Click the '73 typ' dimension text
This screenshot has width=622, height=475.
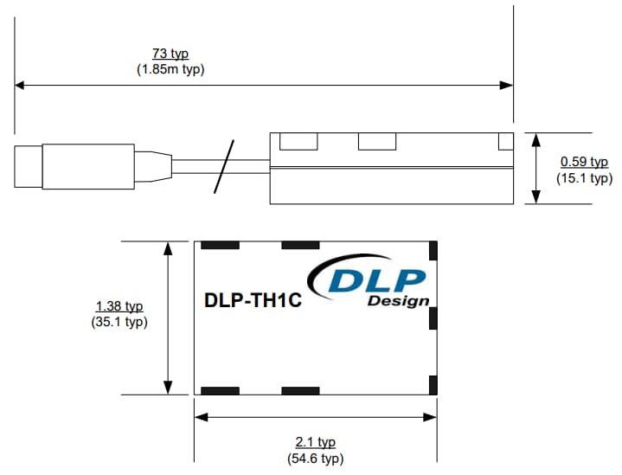(170, 55)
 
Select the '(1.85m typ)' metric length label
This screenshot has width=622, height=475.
(170, 69)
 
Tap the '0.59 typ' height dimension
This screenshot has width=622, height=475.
(584, 162)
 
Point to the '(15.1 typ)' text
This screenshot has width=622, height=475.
(584, 177)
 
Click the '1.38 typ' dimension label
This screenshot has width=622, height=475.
(119, 306)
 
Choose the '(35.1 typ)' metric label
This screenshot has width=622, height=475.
(119, 322)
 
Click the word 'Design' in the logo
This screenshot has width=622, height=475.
(398, 301)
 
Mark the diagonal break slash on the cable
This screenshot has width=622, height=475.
(224, 166)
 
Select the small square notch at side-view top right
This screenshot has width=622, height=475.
(505, 140)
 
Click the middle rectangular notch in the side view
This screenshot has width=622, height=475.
(375, 140)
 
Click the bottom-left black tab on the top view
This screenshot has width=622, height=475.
(220, 390)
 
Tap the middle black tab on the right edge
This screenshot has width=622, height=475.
(433, 318)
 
